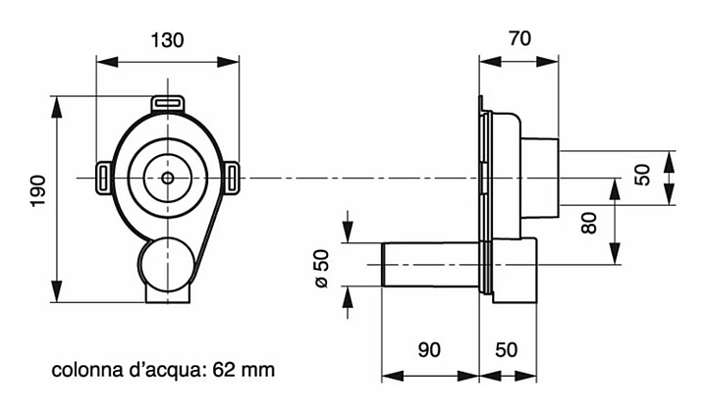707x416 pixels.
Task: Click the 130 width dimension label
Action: [167, 40]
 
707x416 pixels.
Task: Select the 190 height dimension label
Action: [38, 190]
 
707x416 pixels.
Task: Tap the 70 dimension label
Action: [519, 38]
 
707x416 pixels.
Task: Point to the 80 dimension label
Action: [589, 223]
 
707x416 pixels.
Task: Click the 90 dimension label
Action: [429, 349]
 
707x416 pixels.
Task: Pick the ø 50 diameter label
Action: [322, 269]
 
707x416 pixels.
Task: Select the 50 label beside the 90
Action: [507, 349]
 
